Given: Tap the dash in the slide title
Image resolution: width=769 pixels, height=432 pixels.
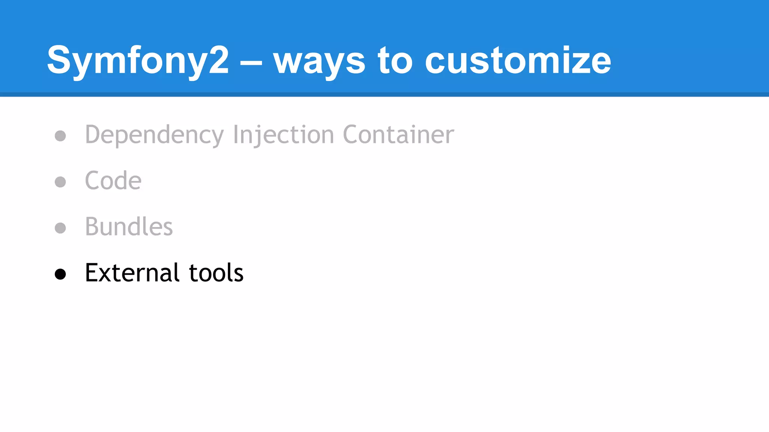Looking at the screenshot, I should [251, 63].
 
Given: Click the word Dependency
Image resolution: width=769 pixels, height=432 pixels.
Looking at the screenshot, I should [154, 135].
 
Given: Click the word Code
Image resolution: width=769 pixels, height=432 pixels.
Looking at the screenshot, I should [113, 181].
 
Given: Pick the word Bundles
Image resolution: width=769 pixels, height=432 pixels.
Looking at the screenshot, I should [129, 227].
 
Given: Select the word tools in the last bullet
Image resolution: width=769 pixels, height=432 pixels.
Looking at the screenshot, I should [216, 273].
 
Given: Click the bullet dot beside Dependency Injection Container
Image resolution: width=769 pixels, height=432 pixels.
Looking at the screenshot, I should [60, 136].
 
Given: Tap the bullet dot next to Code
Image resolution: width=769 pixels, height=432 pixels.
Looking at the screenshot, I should [60, 182].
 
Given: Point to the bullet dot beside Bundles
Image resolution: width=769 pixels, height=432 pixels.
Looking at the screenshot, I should [60, 228].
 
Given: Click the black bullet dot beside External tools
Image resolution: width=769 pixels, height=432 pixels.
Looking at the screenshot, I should [60, 274].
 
